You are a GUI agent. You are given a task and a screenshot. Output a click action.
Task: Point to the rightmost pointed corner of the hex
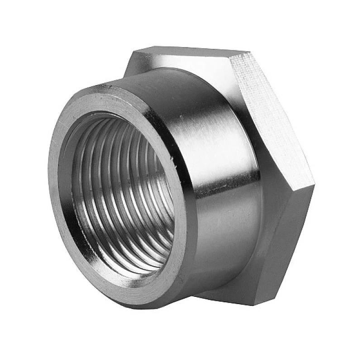313,185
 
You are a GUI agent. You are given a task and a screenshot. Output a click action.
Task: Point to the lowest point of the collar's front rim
136,308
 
